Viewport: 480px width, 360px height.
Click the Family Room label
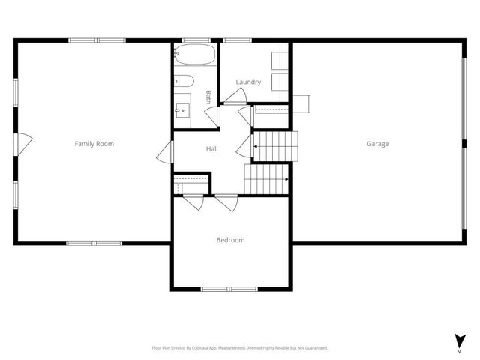coord(94,143)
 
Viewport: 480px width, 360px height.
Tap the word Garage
coord(377,143)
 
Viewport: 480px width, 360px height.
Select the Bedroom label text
coord(230,240)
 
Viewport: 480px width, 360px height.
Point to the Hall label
coord(212,148)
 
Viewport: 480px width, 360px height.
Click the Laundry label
coord(247,82)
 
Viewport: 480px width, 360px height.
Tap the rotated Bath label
coord(208,97)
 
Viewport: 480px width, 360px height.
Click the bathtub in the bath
coord(195,56)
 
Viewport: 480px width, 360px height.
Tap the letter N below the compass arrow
coord(458,351)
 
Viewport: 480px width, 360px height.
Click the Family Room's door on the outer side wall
coord(23,141)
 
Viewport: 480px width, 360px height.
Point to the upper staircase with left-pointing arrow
coord(276,145)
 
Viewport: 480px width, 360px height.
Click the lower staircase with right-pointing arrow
coord(268,179)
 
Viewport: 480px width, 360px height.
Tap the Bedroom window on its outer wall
coord(229,289)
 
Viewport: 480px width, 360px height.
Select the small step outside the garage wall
coord(303,103)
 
